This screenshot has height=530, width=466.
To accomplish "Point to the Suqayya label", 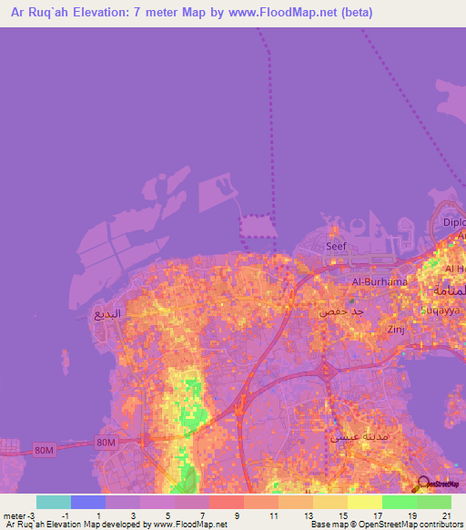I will pos(441,310).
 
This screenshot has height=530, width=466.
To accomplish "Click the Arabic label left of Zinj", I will pos(341,311).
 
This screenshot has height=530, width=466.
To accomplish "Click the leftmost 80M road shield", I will pos(43,449).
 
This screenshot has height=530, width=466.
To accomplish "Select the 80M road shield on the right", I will pos(106,443).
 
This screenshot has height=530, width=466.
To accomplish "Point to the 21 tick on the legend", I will pos(446,515).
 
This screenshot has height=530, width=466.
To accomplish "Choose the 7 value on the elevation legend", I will pos(202,515).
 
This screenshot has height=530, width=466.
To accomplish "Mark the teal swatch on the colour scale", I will pos(53,502).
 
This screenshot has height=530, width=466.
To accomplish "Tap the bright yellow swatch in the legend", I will pos(364,502).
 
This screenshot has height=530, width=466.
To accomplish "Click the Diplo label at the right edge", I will pos(453,221).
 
